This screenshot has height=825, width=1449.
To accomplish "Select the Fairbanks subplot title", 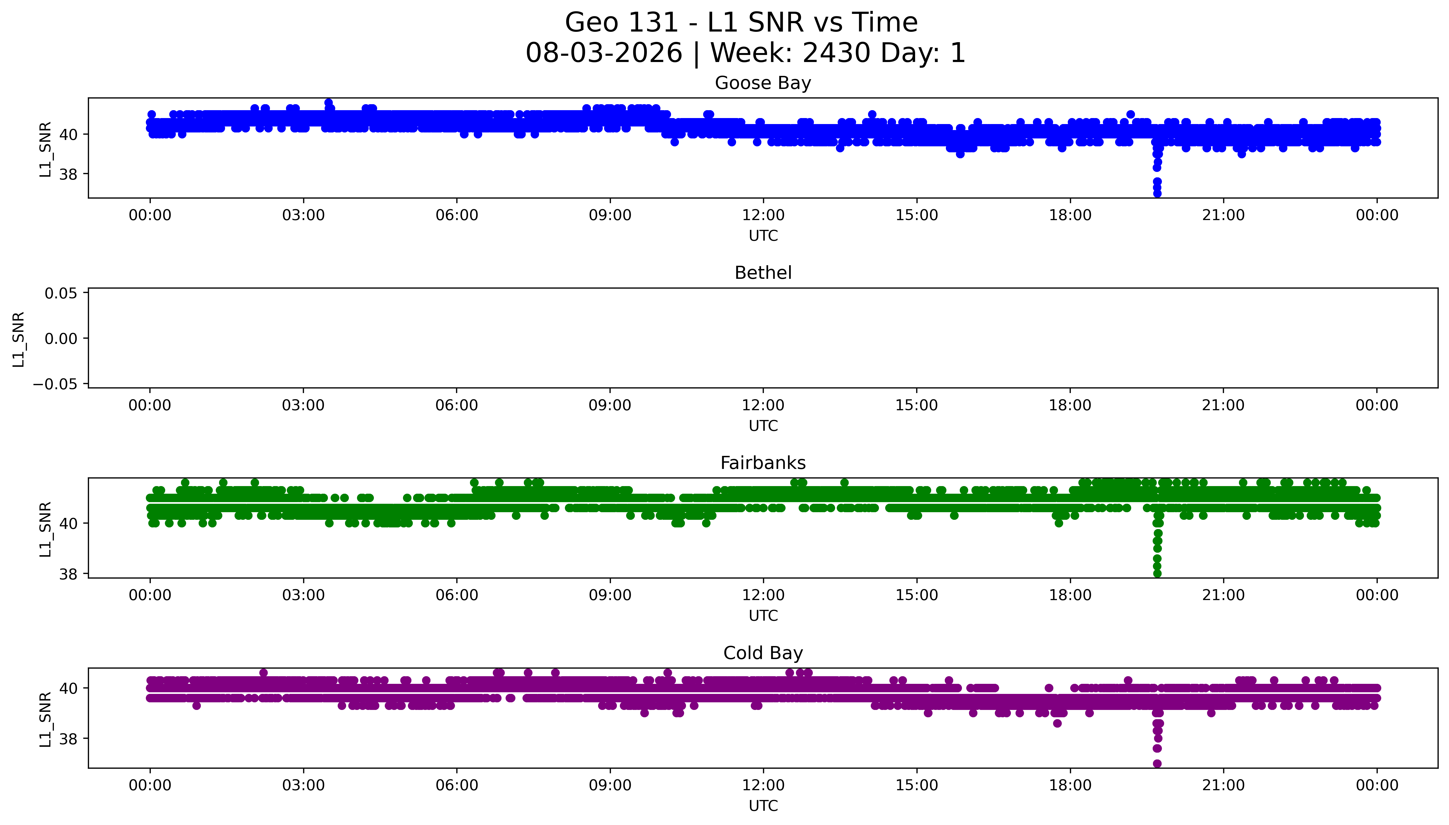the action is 763,463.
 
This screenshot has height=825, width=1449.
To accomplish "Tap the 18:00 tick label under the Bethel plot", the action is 1070,405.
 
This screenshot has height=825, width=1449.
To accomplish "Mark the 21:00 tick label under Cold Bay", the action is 1223,785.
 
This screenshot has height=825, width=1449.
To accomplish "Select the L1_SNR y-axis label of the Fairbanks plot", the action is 45,529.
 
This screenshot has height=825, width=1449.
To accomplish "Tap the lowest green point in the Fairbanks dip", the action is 1157,573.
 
